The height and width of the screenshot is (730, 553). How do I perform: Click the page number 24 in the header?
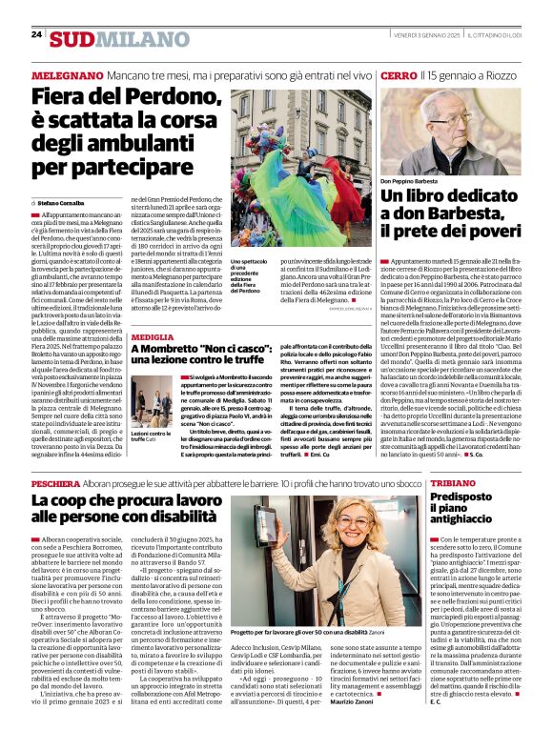tap(36, 34)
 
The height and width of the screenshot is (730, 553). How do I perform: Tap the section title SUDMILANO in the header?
tap(107, 39)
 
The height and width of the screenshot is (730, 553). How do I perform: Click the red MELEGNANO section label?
tap(67, 74)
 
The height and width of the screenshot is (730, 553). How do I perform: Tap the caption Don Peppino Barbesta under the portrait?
tap(410, 180)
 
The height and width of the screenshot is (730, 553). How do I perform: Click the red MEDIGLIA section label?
tap(153, 338)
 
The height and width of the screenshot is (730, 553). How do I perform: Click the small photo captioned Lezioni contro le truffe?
tap(153, 400)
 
